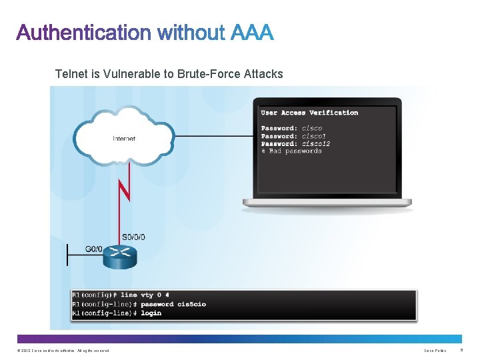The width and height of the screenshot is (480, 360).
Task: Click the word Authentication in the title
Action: pos(83,33)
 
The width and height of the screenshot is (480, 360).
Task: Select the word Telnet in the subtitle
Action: pos(71,73)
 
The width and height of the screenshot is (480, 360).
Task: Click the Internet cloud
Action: pos(124,137)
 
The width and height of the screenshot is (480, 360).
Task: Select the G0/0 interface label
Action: pos(95,249)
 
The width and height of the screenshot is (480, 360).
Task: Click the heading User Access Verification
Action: pos(309,113)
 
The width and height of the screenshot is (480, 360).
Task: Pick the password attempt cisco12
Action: pos(317,143)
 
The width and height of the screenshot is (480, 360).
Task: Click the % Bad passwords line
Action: pos(291,151)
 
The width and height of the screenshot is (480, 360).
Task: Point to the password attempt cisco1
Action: pos(314,135)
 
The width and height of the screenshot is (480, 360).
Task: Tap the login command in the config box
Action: pos(151,313)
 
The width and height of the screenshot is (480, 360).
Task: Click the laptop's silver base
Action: pos(327,202)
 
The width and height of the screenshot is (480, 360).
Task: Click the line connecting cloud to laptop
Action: pos(213,136)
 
